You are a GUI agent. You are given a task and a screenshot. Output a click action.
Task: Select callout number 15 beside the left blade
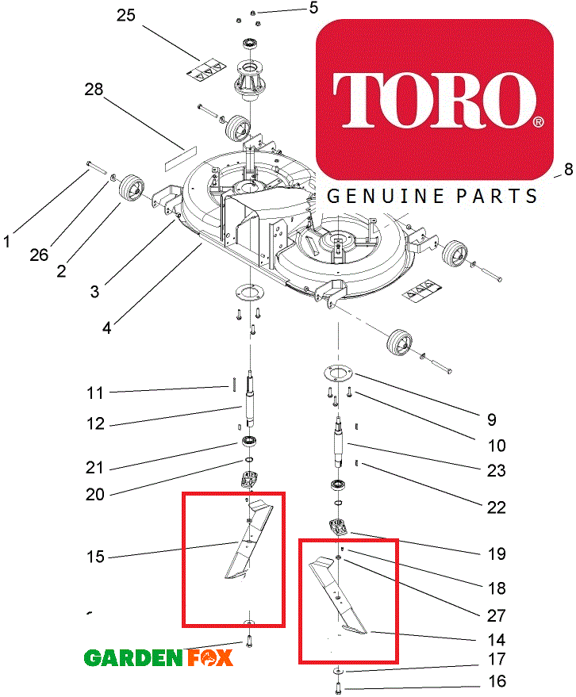(96, 557)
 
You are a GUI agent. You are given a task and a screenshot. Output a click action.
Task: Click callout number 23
(496, 471)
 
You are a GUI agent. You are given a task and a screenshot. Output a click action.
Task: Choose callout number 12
(96, 424)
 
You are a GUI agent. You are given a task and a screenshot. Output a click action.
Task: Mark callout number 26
(39, 255)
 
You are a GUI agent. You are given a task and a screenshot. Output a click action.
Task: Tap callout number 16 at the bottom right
(496, 681)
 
